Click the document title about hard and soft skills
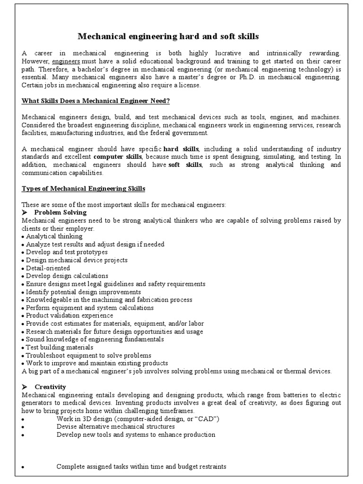[168, 36]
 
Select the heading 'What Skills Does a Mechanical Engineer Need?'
[96, 101]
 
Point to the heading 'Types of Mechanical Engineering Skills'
[84, 189]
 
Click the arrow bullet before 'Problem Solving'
[26, 213]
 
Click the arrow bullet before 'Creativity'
[26, 387]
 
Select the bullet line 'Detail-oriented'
[47, 268]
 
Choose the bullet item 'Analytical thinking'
[54, 236]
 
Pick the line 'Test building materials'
[60, 347]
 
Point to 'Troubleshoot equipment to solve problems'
[88, 355]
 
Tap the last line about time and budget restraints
[141, 467]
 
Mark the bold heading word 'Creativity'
[50, 387]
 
